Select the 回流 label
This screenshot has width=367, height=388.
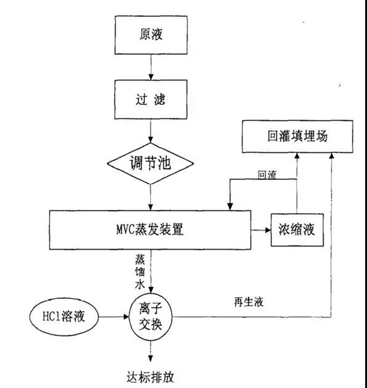(267, 175)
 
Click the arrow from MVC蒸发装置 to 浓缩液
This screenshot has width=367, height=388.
(260, 231)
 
